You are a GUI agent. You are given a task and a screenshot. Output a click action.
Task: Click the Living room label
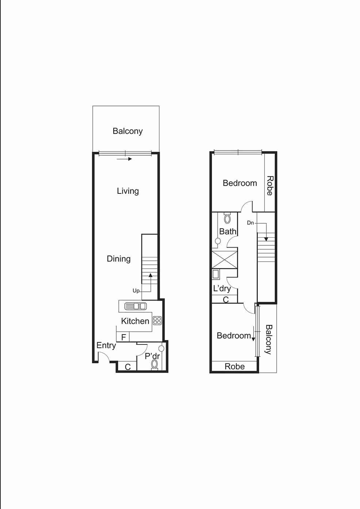[x=128, y=191]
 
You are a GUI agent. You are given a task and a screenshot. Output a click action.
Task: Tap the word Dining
[x=118, y=259]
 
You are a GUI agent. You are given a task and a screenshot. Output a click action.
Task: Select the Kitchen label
[x=135, y=321]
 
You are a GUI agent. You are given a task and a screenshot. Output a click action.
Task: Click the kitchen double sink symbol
[x=136, y=306]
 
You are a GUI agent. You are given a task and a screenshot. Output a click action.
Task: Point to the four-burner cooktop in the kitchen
[x=157, y=321]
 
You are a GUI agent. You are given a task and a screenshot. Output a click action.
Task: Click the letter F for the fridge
[x=124, y=337]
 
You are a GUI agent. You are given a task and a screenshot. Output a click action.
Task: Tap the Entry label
[x=106, y=346]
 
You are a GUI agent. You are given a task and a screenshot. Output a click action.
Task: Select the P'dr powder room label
[x=152, y=356]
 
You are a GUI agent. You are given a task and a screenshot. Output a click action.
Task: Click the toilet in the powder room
[x=155, y=364]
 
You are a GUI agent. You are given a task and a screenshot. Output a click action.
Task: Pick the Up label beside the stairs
[x=136, y=291]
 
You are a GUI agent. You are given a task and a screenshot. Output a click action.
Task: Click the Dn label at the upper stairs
[x=250, y=223]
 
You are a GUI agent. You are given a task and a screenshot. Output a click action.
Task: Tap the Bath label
[x=228, y=231]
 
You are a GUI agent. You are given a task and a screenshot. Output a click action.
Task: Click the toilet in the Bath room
[x=227, y=219]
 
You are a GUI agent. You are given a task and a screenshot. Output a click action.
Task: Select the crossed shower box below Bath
[x=224, y=260]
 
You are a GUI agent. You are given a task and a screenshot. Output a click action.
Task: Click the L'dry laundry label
[x=222, y=289]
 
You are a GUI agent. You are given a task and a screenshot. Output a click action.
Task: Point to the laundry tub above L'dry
[x=215, y=274]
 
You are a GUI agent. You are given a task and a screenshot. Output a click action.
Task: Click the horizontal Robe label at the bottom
[x=235, y=366]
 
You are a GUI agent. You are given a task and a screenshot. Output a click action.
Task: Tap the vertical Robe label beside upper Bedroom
[x=270, y=186]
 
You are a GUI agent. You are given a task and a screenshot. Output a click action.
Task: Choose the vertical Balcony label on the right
[x=269, y=339]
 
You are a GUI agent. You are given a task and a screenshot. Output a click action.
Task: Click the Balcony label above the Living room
[x=128, y=131]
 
